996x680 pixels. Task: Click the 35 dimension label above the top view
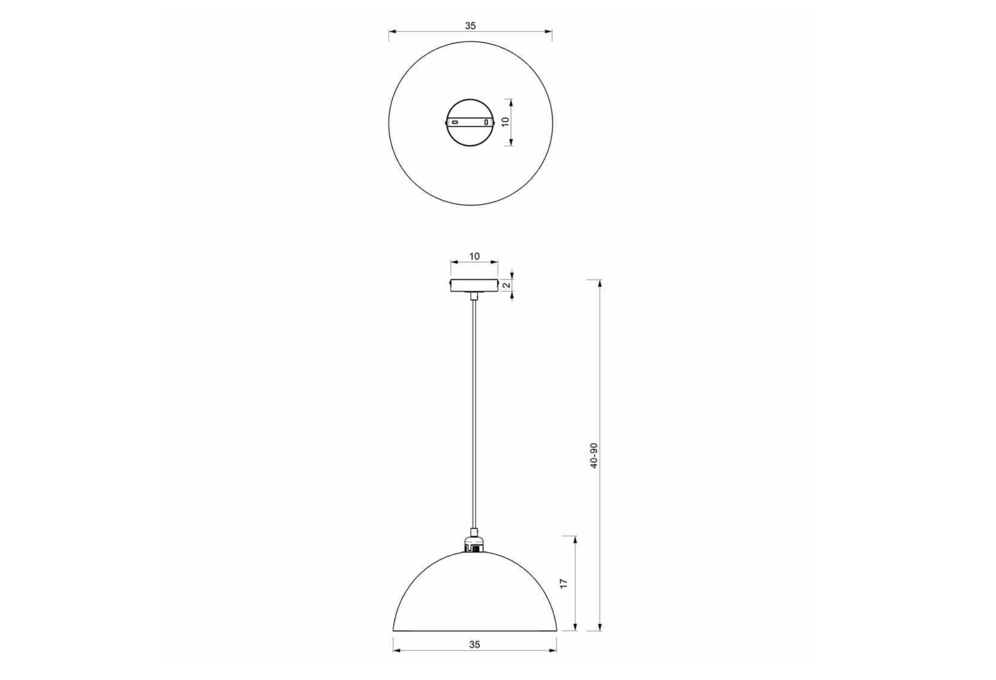coord(470,26)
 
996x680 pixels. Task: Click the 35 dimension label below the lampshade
coord(475,645)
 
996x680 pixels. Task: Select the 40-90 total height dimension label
coord(593,456)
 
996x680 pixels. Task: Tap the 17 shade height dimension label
coord(564,583)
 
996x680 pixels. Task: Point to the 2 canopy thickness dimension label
coord(507,285)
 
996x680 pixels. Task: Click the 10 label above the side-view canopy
coord(474,256)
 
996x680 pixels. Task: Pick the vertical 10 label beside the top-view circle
coord(505,122)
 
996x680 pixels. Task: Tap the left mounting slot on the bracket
coord(455,122)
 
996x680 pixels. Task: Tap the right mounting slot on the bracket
coord(486,122)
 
